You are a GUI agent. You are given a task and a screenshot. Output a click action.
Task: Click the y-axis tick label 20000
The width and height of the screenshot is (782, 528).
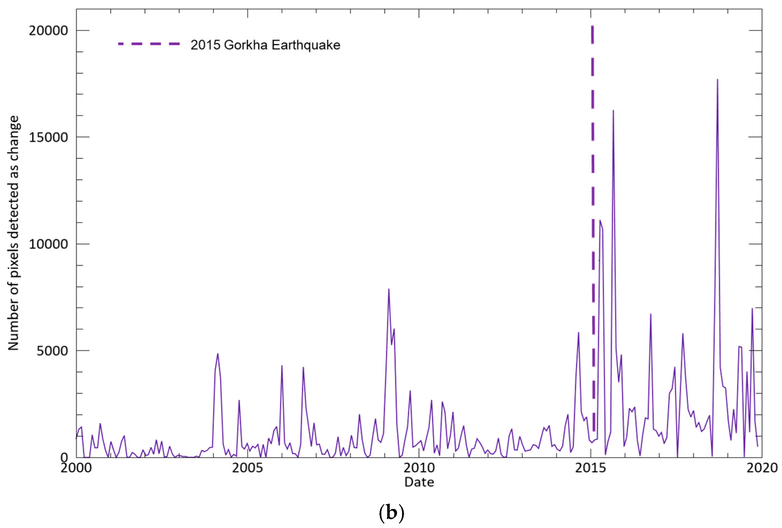point(48,31)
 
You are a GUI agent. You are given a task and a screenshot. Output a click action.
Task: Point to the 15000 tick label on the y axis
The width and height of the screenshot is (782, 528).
point(48,137)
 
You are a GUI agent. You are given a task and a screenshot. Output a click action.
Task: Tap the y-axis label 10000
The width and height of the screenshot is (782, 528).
point(48,244)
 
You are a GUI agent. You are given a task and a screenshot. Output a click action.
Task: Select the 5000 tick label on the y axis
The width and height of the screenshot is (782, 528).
point(52,351)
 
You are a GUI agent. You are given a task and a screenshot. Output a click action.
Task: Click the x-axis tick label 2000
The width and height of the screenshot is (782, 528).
point(76,468)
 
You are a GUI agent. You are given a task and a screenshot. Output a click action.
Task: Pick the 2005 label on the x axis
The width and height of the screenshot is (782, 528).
point(247,468)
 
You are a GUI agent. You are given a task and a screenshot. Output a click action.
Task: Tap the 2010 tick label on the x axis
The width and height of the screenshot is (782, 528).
point(419,468)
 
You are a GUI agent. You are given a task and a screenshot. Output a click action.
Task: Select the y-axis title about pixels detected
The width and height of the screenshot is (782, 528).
point(14,233)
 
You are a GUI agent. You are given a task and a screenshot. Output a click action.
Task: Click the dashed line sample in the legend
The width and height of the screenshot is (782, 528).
point(149,44)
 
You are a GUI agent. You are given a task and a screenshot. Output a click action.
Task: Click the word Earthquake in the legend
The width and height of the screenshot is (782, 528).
point(306,45)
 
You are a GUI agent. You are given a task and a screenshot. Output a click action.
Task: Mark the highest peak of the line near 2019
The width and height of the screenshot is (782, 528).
point(717,80)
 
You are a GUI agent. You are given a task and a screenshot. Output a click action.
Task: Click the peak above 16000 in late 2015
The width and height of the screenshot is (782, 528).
point(613,111)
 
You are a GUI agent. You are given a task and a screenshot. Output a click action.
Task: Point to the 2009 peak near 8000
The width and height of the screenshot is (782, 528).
point(389,289)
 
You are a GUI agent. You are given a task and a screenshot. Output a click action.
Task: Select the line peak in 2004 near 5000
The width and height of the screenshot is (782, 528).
point(218,354)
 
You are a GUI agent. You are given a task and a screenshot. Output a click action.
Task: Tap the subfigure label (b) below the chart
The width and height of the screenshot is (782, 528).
point(391,513)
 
